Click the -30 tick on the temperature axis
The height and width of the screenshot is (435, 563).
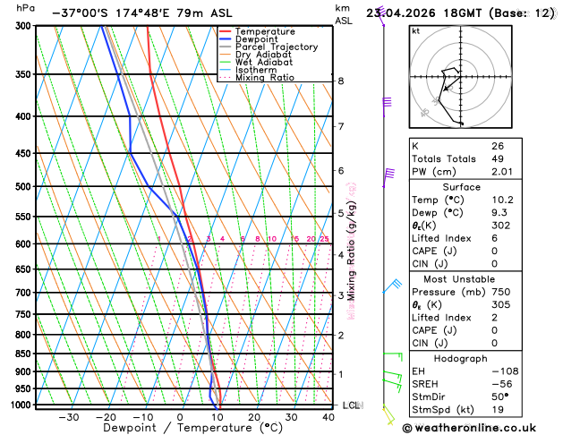pos(68,417)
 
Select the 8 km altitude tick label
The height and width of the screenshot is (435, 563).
pos(341,81)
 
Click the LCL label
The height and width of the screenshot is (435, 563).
pos(351,405)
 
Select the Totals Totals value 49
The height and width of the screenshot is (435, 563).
pos(498,158)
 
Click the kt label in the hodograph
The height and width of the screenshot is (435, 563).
pos(415,30)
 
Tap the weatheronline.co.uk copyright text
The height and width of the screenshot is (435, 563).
pos(482,428)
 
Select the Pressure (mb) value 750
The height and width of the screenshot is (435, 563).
pos(500,292)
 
